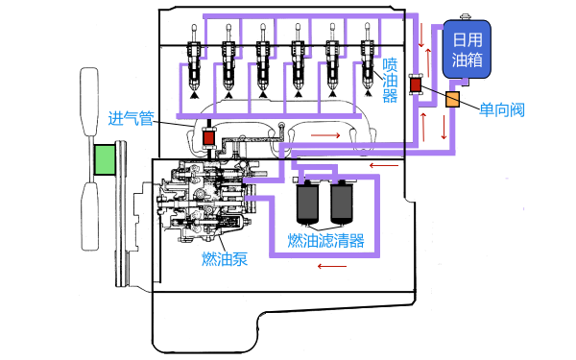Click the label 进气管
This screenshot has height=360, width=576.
[132, 120]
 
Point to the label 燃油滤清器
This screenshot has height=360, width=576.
[326, 241]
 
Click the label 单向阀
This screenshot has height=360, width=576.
[502, 109]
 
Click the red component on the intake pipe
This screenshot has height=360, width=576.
[209, 140]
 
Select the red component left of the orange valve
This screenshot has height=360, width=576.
[416, 85]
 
